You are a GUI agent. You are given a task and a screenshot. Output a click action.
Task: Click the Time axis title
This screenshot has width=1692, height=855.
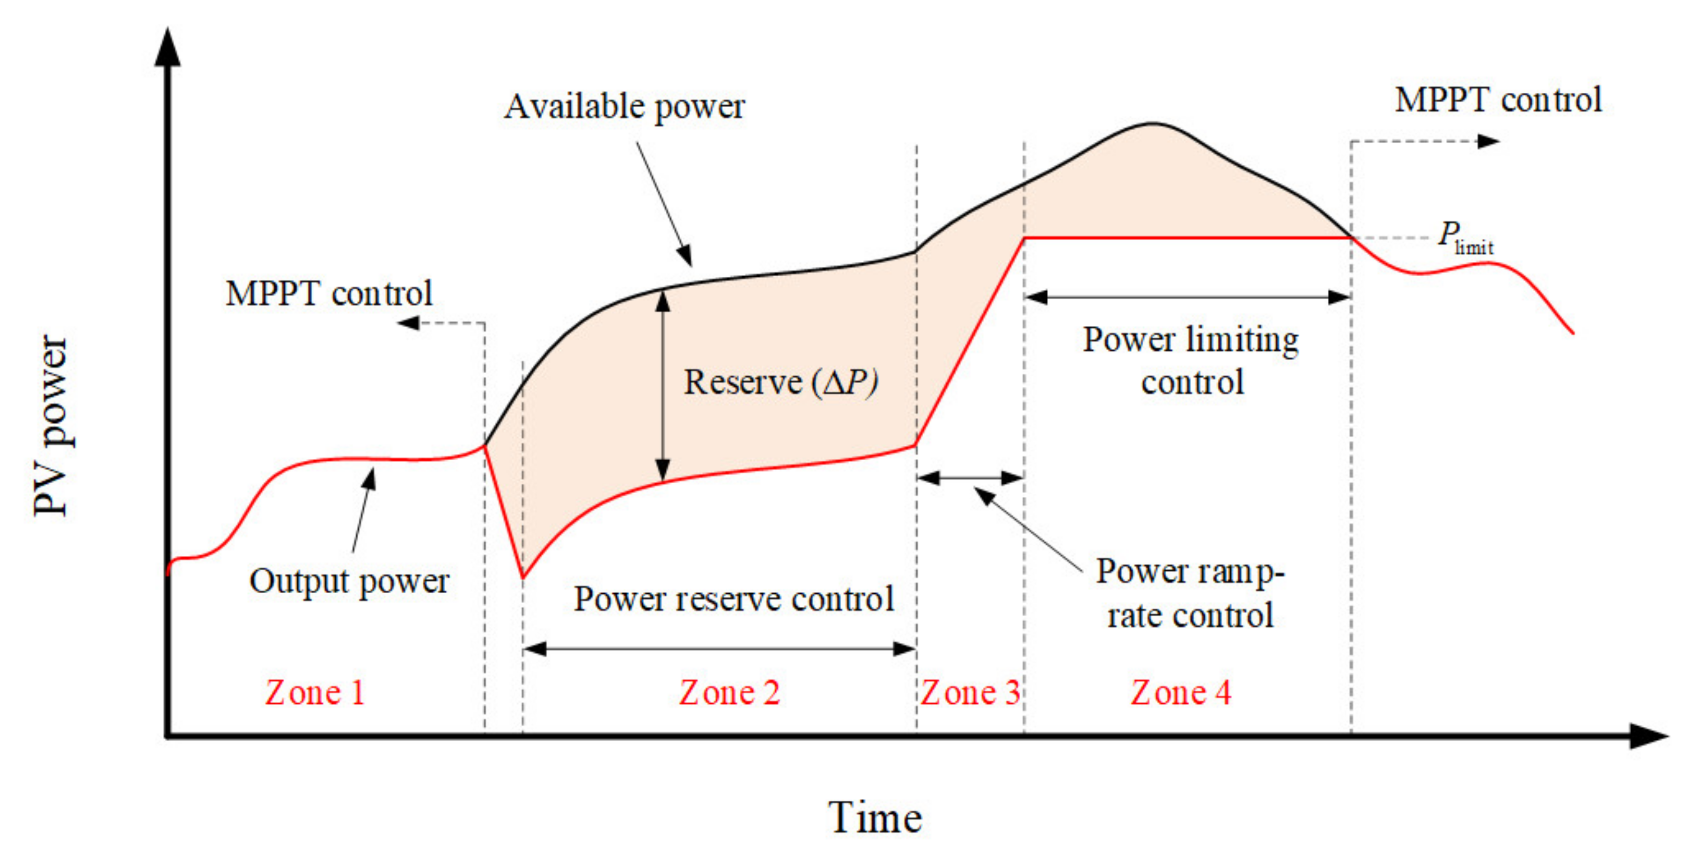coord(875,818)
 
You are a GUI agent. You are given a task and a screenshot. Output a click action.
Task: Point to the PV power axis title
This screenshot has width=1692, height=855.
coord(51,426)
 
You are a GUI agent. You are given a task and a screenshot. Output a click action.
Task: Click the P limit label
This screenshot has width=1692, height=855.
coord(1465,238)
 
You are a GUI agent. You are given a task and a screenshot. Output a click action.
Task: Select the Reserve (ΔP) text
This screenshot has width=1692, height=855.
coord(780,382)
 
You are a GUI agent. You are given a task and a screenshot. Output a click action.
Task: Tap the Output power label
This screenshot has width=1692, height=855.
coord(349,581)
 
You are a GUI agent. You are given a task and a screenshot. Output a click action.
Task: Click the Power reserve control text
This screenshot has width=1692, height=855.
coord(734,599)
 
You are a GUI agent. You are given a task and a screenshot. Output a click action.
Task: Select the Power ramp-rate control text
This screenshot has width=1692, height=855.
coord(1190,593)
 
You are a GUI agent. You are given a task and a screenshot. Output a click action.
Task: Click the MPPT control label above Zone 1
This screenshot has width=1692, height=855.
coord(328,294)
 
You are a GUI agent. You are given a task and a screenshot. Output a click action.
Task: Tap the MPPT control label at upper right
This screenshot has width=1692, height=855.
coord(1498,101)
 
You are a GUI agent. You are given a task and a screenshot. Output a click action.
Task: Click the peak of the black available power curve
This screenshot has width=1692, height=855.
coord(1153,124)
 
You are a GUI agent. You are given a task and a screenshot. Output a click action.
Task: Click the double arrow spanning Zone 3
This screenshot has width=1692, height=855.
coord(970,478)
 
